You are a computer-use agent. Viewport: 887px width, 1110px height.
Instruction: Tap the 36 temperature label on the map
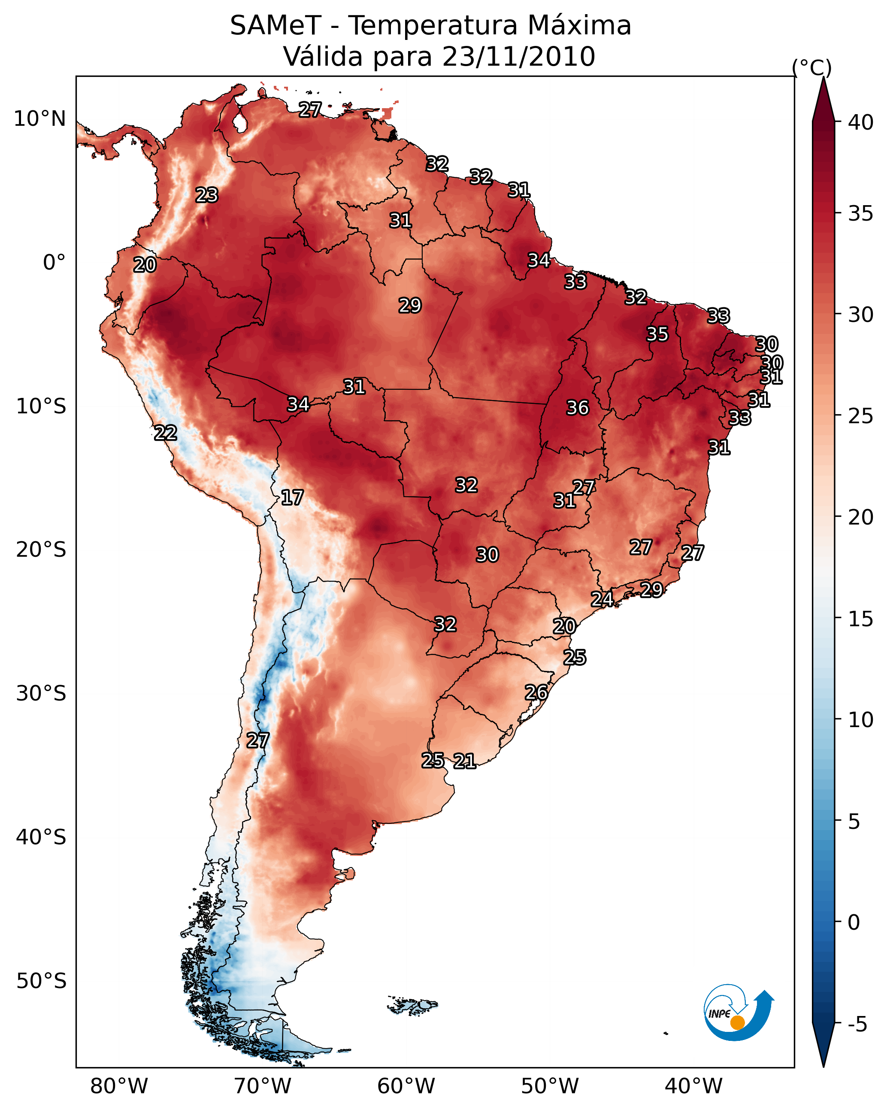pos(577,408)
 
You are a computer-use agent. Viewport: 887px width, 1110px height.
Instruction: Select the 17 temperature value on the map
pos(292,497)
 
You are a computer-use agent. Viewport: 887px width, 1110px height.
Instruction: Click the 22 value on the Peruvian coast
pos(165,433)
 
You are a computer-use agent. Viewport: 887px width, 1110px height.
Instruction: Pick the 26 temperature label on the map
pos(536,692)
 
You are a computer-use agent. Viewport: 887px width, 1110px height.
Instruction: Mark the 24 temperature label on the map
pos(601,599)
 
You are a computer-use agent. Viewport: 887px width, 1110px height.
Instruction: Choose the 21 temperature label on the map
pos(464,761)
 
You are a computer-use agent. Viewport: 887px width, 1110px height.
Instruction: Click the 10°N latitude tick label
pos(39,119)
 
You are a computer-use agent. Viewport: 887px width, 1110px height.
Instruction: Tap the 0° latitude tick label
pos(54,263)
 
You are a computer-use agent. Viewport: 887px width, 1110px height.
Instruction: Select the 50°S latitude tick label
pos(41,981)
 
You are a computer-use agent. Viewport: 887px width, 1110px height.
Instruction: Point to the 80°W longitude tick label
pos(119,1086)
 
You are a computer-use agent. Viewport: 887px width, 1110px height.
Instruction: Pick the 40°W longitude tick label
pos(693,1086)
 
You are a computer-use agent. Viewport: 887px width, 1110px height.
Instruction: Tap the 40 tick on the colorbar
pos(861,122)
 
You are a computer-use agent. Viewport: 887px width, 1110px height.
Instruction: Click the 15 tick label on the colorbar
pos(861,619)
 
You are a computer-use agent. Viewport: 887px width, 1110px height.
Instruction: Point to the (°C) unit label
pos(811,67)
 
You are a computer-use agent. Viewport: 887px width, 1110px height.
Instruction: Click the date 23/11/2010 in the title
pos(518,57)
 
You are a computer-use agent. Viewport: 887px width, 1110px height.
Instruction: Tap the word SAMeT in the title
pos(275,26)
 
